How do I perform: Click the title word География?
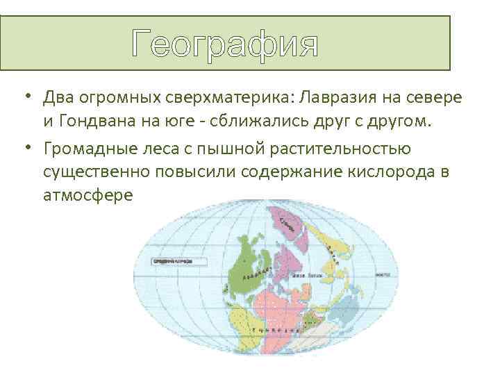pos(226,44)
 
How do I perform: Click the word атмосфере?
pos(87,195)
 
